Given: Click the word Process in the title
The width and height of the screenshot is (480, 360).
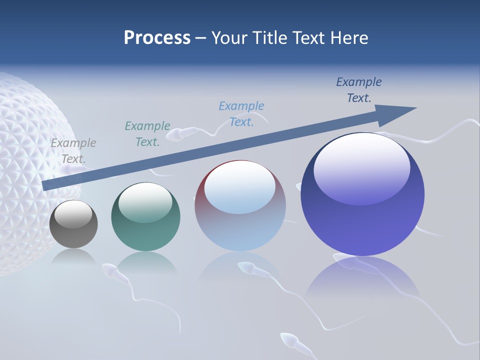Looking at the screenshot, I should coord(157,38).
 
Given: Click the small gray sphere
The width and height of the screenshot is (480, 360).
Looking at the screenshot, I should coord(73,224).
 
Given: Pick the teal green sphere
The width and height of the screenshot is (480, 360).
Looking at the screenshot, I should coord(145,217).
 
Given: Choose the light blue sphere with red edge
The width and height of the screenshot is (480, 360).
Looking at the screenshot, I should coord(240,206).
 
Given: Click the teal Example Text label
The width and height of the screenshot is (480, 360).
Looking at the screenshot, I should coord(147,134).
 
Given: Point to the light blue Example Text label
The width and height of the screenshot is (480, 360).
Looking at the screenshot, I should coord(241,113).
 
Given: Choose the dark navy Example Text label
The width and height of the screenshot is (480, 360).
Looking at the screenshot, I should coord(359,90).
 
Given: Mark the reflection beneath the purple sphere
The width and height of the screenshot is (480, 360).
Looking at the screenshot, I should coord(362,280).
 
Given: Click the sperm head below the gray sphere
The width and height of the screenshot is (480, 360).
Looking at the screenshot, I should coord(109,270).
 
